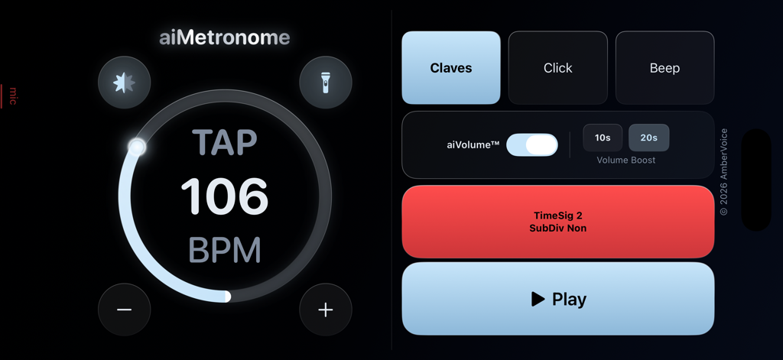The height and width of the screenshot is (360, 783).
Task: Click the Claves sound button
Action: (x=451, y=68)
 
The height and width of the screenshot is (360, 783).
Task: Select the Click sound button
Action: (x=557, y=68)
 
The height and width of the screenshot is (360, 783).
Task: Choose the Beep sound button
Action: (x=664, y=68)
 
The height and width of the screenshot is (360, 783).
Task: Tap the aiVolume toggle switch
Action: (x=532, y=144)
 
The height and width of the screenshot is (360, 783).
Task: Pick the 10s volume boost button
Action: (x=603, y=138)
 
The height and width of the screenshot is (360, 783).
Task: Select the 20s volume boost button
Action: (x=648, y=138)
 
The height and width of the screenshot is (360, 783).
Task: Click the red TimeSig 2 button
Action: (x=558, y=222)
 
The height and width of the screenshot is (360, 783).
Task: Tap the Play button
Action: (x=558, y=299)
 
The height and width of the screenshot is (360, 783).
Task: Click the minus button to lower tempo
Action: (x=125, y=310)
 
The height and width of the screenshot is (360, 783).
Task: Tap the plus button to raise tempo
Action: (x=326, y=310)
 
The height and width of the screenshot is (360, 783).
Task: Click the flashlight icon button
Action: (x=326, y=82)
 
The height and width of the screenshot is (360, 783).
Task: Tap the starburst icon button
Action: (x=125, y=82)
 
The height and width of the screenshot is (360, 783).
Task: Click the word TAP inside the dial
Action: (x=225, y=143)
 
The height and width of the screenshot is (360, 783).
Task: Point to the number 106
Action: (x=225, y=196)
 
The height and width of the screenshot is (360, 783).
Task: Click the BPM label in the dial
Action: (x=225, y=250)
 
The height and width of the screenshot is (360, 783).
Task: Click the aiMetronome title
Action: (x=225, y=37)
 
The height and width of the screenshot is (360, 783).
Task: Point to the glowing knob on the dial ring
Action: (x=137, y=147)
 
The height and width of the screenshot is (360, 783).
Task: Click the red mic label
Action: (x=13, y=96)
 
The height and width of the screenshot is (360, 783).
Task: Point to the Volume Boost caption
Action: (x=626, y=161)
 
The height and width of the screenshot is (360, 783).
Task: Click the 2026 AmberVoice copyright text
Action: (x=723, y=172)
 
